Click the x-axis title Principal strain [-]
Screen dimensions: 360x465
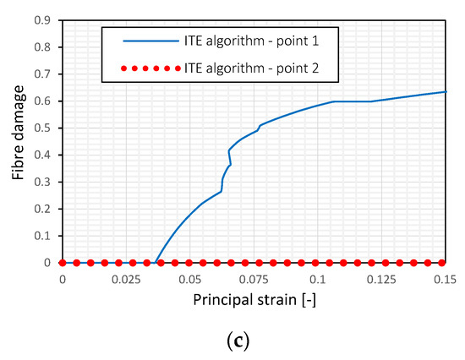pyautogui.click(x=254, y=300)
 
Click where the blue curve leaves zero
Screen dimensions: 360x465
pyautogui.click(x=155, y=263)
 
